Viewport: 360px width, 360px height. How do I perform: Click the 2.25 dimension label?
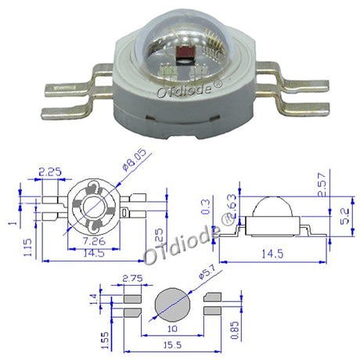(50, 172)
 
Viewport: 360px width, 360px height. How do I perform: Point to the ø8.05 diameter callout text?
(135, 160)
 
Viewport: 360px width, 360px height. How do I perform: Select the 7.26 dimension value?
(94, 241)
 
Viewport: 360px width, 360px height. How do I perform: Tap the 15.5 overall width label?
(172, 345)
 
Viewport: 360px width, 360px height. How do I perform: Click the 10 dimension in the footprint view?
(172, 329)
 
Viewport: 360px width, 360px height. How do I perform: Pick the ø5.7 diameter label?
(207, 272)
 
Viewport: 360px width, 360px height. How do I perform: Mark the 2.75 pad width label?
(133, 279)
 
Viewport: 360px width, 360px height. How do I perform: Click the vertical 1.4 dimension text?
(93, 299)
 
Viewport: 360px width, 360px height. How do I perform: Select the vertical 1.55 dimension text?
(105, 340)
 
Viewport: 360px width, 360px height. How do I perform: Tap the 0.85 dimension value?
(235, 330)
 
